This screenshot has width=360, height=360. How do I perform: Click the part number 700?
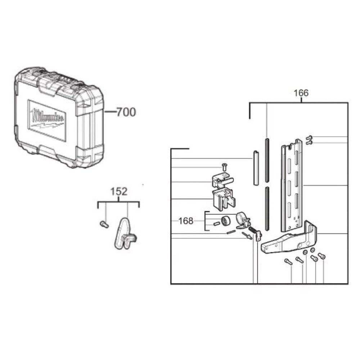(126, 112)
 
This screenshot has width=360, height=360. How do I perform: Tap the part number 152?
(118, 192)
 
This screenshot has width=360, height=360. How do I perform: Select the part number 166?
(301, 93)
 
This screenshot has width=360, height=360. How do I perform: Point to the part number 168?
(186, 221)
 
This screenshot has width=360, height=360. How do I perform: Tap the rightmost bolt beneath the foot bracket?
(322, 256)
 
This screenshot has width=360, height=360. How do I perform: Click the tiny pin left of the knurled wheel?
(216, 224)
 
